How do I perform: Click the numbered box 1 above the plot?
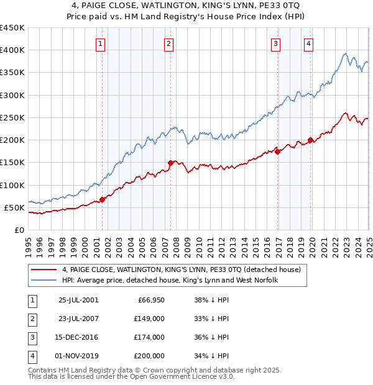click(x=101, y=43)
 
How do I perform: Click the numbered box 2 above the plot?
click(x=168, y=43)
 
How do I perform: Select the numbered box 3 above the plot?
click(x=275, y=43)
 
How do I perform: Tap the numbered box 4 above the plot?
click(x=308, y=43)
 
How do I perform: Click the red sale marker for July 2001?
click(x=103, y=199)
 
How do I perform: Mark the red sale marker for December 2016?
click(x=277, y=152)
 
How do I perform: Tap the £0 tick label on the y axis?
click(x=19, y=230)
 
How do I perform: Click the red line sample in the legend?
click(x=44, y=270)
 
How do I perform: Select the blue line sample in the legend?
click(x=44, y=281)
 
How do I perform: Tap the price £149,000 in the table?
click(x=149, y=319)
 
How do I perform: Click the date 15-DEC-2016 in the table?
click(x=78, y=337)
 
